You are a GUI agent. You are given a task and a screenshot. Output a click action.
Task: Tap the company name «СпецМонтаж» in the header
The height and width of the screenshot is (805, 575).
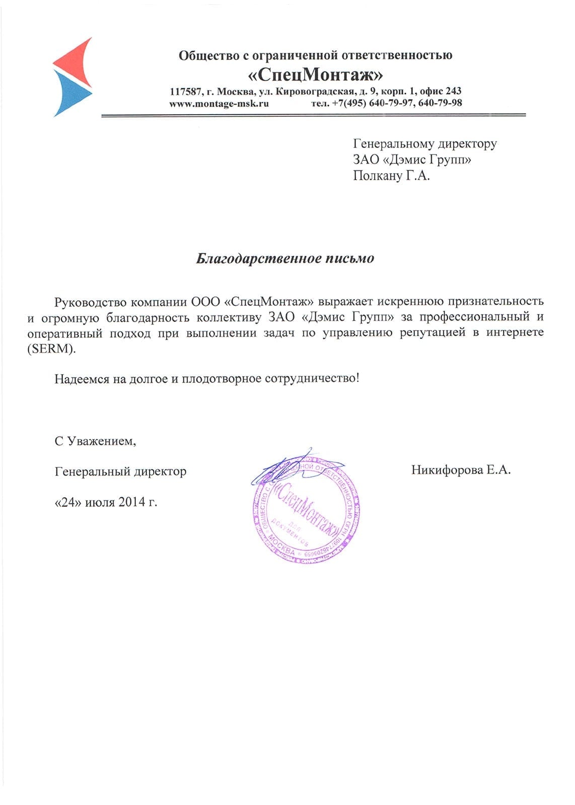click(316, 74)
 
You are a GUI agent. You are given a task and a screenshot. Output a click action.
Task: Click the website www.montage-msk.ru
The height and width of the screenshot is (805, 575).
click(219, 103)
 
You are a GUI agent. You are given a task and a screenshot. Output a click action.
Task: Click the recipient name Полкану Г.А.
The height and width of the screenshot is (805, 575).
click(391, 176)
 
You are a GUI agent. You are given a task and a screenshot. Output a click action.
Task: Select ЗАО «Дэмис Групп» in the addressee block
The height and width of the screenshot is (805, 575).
click(412, 159)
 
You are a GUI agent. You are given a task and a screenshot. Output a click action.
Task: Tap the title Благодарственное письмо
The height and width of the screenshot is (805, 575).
click(285, 259)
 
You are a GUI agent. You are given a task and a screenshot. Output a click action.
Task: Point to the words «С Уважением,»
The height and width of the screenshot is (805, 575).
click(96, 441)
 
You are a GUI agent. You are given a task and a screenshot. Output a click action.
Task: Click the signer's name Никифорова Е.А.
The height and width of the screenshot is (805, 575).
click(461, 470)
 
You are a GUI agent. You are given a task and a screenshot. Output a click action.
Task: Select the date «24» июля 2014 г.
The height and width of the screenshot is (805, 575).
click(106, 502)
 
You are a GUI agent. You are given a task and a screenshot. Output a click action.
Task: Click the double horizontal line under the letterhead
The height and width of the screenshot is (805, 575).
click(313, 116)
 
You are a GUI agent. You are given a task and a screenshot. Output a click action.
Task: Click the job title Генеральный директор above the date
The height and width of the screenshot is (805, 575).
click(120, 471)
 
